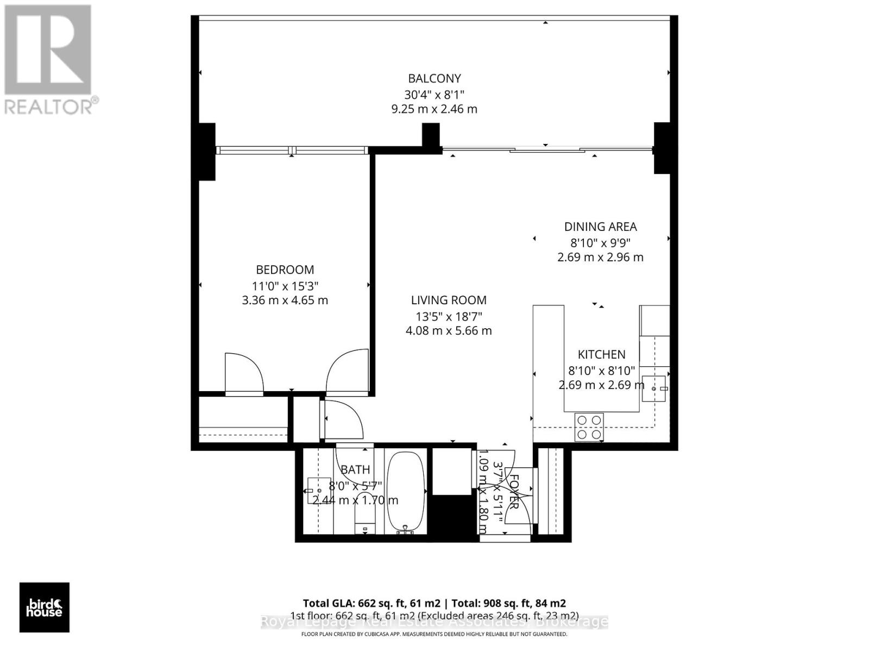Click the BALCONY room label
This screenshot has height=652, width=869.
click(x=434, y=78)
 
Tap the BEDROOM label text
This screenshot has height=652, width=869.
click(x=285, y=269)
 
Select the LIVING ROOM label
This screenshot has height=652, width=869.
click(x=449, y=300)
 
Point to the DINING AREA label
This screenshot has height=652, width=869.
click(x=600, y=227)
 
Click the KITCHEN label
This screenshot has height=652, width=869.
click(x=601, y=354)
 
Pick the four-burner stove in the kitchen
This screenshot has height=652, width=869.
click(x=589, y=427)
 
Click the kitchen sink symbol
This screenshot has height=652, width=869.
click(x=653, y=388)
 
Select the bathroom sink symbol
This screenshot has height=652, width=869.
click(x=319, y=490)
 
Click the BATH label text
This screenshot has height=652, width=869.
click(x=355, y=469)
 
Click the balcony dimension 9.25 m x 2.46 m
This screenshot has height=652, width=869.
click(x=434, y=109)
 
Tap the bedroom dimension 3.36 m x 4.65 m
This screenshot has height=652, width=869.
click(x=285, y=300)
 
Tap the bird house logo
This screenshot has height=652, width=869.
click(x=45, y=607)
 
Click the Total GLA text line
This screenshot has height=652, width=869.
click(x=434, y=603)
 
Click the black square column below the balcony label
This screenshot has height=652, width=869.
click(x=431, y=135)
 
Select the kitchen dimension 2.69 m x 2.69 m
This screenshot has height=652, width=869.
click(x=601, y=385)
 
